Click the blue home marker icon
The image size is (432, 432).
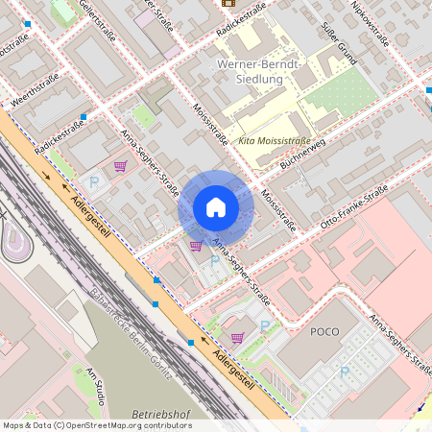coord(216,207)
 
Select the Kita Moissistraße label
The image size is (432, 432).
coord(274,140)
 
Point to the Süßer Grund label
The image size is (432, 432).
coord(340,43)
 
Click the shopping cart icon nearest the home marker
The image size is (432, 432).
coord(196,246)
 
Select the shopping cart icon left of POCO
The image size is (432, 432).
coord(237,336)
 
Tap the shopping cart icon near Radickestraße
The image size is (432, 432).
coord(120,165)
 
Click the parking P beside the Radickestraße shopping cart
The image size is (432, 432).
coord(94,181)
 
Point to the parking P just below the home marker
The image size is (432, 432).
coord(214,260)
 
